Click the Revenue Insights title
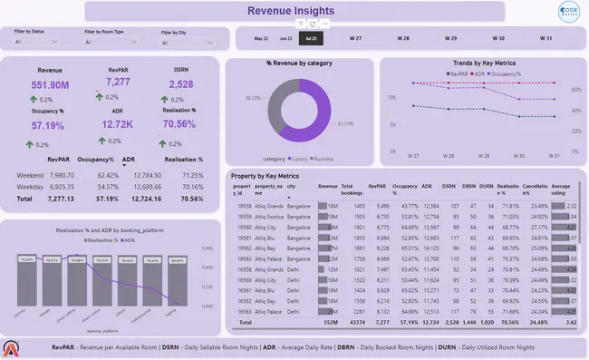(x=294, y=11)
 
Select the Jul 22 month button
(x=311, y=39)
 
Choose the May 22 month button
(x=261, y=39)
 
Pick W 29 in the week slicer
(x=450, y=39)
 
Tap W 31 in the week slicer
(x=546, y=39)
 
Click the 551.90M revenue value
(x=50, y=84)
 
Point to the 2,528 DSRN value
(x=180, y=83)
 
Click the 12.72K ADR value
(x=118, y=125)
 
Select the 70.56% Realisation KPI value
(x=179, y=124)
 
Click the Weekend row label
(x=31, y=175)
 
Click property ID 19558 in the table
(x=244, y=206)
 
